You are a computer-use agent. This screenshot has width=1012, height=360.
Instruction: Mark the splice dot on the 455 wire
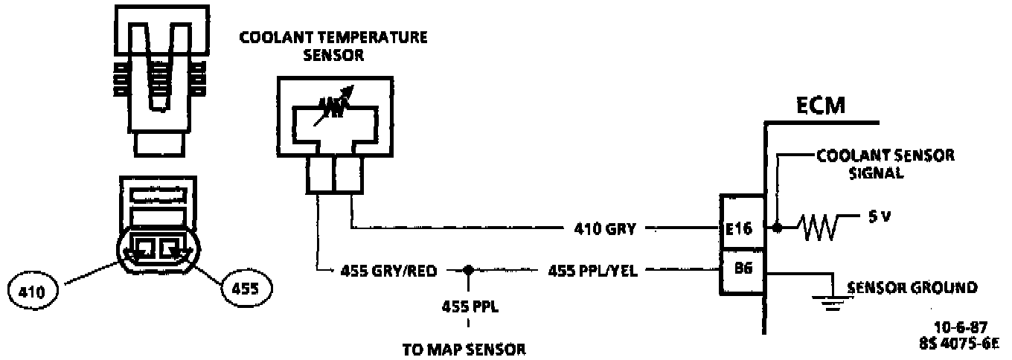click(x=468, y=271)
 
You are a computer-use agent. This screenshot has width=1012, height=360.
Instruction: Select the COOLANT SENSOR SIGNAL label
click(x=885, y=164)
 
